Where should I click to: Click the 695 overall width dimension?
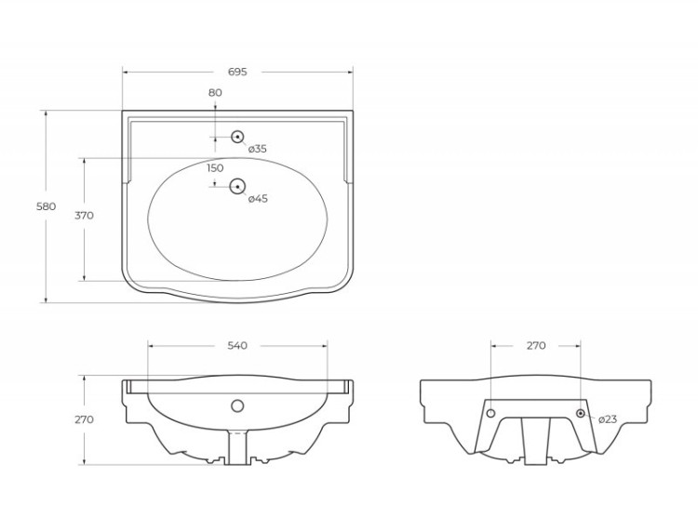point(237,72)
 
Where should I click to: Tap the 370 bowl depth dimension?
point(84,216)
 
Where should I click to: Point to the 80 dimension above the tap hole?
point(215,92)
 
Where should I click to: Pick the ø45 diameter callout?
point(258,198)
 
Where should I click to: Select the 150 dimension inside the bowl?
point(215,168)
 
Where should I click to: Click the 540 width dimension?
point(237,346)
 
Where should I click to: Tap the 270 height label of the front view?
point(84,419)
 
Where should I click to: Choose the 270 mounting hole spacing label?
point(536,346)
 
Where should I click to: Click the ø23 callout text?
point(607,419)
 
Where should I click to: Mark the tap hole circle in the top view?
point(237,137)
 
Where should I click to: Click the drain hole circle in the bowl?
point(237,185)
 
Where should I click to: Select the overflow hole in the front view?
point(237,405)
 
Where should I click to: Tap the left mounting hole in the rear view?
point(491,413)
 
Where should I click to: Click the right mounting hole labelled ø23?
point(581,413)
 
